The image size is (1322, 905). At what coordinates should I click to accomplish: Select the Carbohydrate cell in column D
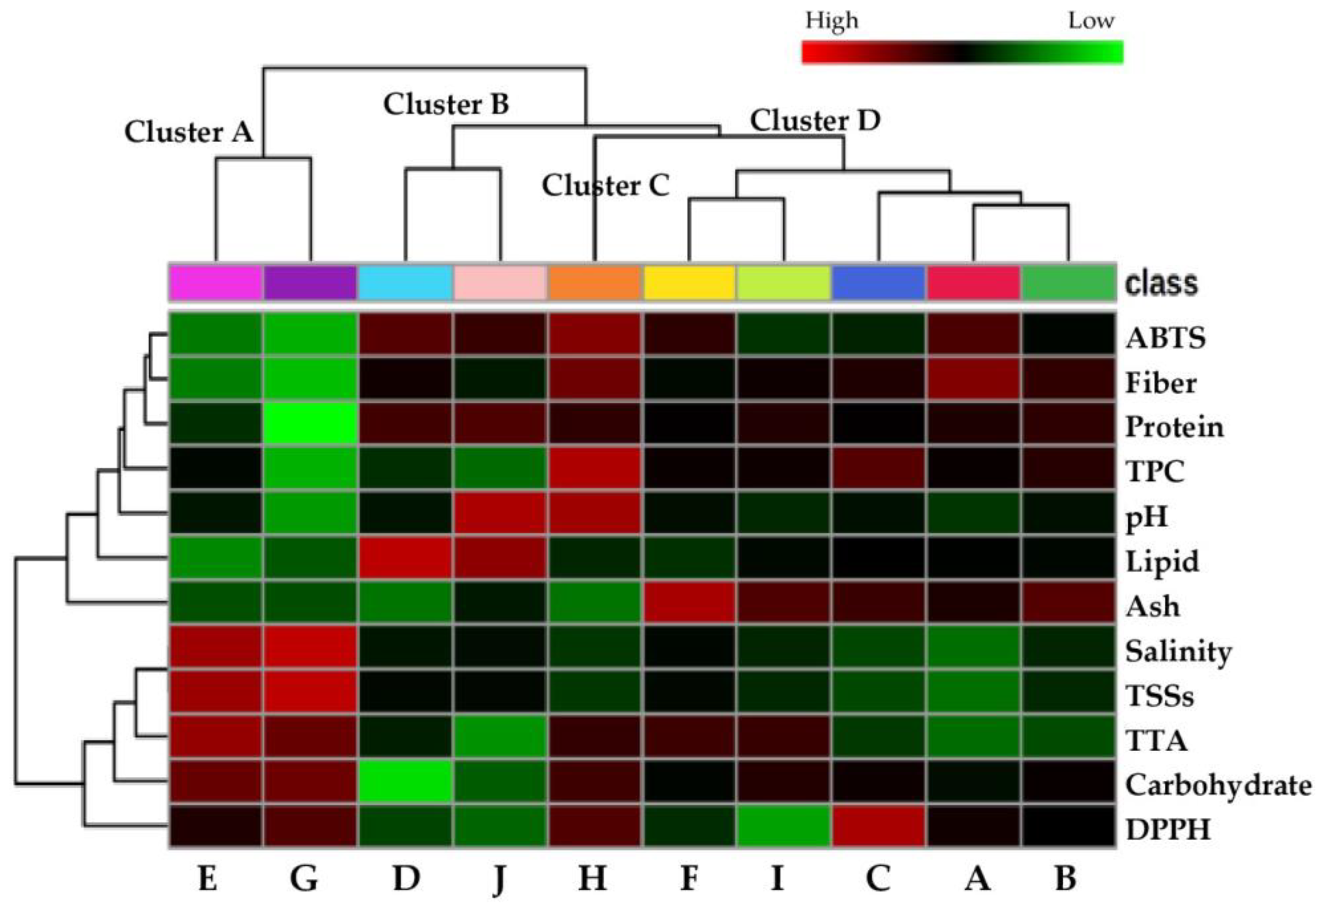pos(405,782)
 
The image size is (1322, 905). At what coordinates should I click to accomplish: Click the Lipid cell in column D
pos(405,558)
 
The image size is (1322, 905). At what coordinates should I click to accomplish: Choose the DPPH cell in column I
pos(784,826)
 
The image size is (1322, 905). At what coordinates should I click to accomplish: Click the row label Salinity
pos(1178,651)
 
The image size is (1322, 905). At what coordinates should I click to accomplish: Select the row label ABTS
pos(1165,338)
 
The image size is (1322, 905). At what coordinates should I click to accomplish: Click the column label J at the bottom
pos(499,879)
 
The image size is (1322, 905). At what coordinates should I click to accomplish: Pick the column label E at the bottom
pos(208,879)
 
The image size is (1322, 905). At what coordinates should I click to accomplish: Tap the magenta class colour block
pos(216,282)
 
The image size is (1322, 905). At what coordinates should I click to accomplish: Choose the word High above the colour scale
pos(831,21)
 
